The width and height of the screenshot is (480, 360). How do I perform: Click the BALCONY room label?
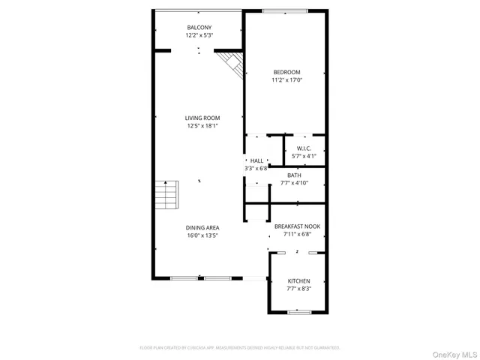pyautogui.click(x=199, y=28)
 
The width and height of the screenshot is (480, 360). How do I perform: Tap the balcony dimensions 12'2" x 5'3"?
pyautogui.click(x=199, y=35)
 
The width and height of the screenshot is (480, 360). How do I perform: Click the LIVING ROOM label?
pyautogui.click(x=202, y=118)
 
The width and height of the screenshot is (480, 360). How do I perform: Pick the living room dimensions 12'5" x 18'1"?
pyautogui.click(x=202, y=126)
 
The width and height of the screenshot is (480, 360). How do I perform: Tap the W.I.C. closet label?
pyautogui.click(x=303, y=148)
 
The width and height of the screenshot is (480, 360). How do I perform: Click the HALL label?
pyautogui.click(x=256, y=160)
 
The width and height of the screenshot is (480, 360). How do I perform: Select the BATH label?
pyautogui.click(x=294, y=175)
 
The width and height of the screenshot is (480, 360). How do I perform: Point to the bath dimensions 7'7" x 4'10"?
pyautogui.click(x=294, y=182)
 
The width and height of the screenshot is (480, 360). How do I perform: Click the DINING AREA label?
pyautogui.click(x=202, y=227)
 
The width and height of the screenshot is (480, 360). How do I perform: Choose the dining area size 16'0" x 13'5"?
pyautogui.click(x=202, y=235)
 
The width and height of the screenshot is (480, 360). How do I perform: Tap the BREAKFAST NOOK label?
pyautogui.click(x=298, y=226)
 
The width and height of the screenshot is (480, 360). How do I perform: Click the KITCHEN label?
pyautogui.click(x=298, y=280)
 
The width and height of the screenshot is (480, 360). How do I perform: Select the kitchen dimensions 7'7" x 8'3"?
pyautogui.click(x=298, y=288)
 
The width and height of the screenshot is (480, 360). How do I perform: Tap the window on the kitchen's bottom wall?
pyautogui.click(x=299, y=311)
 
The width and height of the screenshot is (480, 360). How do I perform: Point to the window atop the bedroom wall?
pyautogui.click(x=285, y=11)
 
